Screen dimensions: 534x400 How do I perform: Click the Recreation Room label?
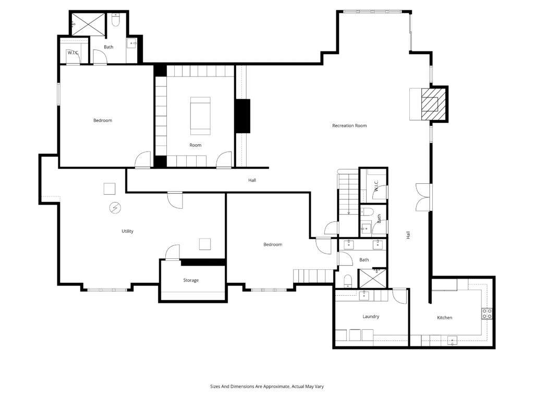349,126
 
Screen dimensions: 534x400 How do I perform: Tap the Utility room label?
127,231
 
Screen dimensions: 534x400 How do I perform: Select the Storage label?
191,280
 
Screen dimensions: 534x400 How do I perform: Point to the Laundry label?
371,317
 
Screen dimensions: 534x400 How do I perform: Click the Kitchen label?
444,318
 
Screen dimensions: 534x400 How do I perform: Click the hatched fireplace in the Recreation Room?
433,104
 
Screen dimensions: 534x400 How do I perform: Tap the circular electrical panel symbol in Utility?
115,207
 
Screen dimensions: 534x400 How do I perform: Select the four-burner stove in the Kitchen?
487,314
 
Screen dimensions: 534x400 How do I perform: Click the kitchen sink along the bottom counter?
452,340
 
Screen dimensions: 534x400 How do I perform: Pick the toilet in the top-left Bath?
116,20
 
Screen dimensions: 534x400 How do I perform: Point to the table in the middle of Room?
200,116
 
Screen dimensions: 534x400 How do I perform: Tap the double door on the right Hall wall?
423,197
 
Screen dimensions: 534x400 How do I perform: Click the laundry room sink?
364,296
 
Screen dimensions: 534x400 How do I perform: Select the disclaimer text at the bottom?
267,386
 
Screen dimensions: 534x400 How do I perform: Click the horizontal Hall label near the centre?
252,180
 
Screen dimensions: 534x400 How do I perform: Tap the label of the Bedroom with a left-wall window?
103,120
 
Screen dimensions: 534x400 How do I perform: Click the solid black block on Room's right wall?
242,116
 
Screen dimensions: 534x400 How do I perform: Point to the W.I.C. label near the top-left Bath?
73,53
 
